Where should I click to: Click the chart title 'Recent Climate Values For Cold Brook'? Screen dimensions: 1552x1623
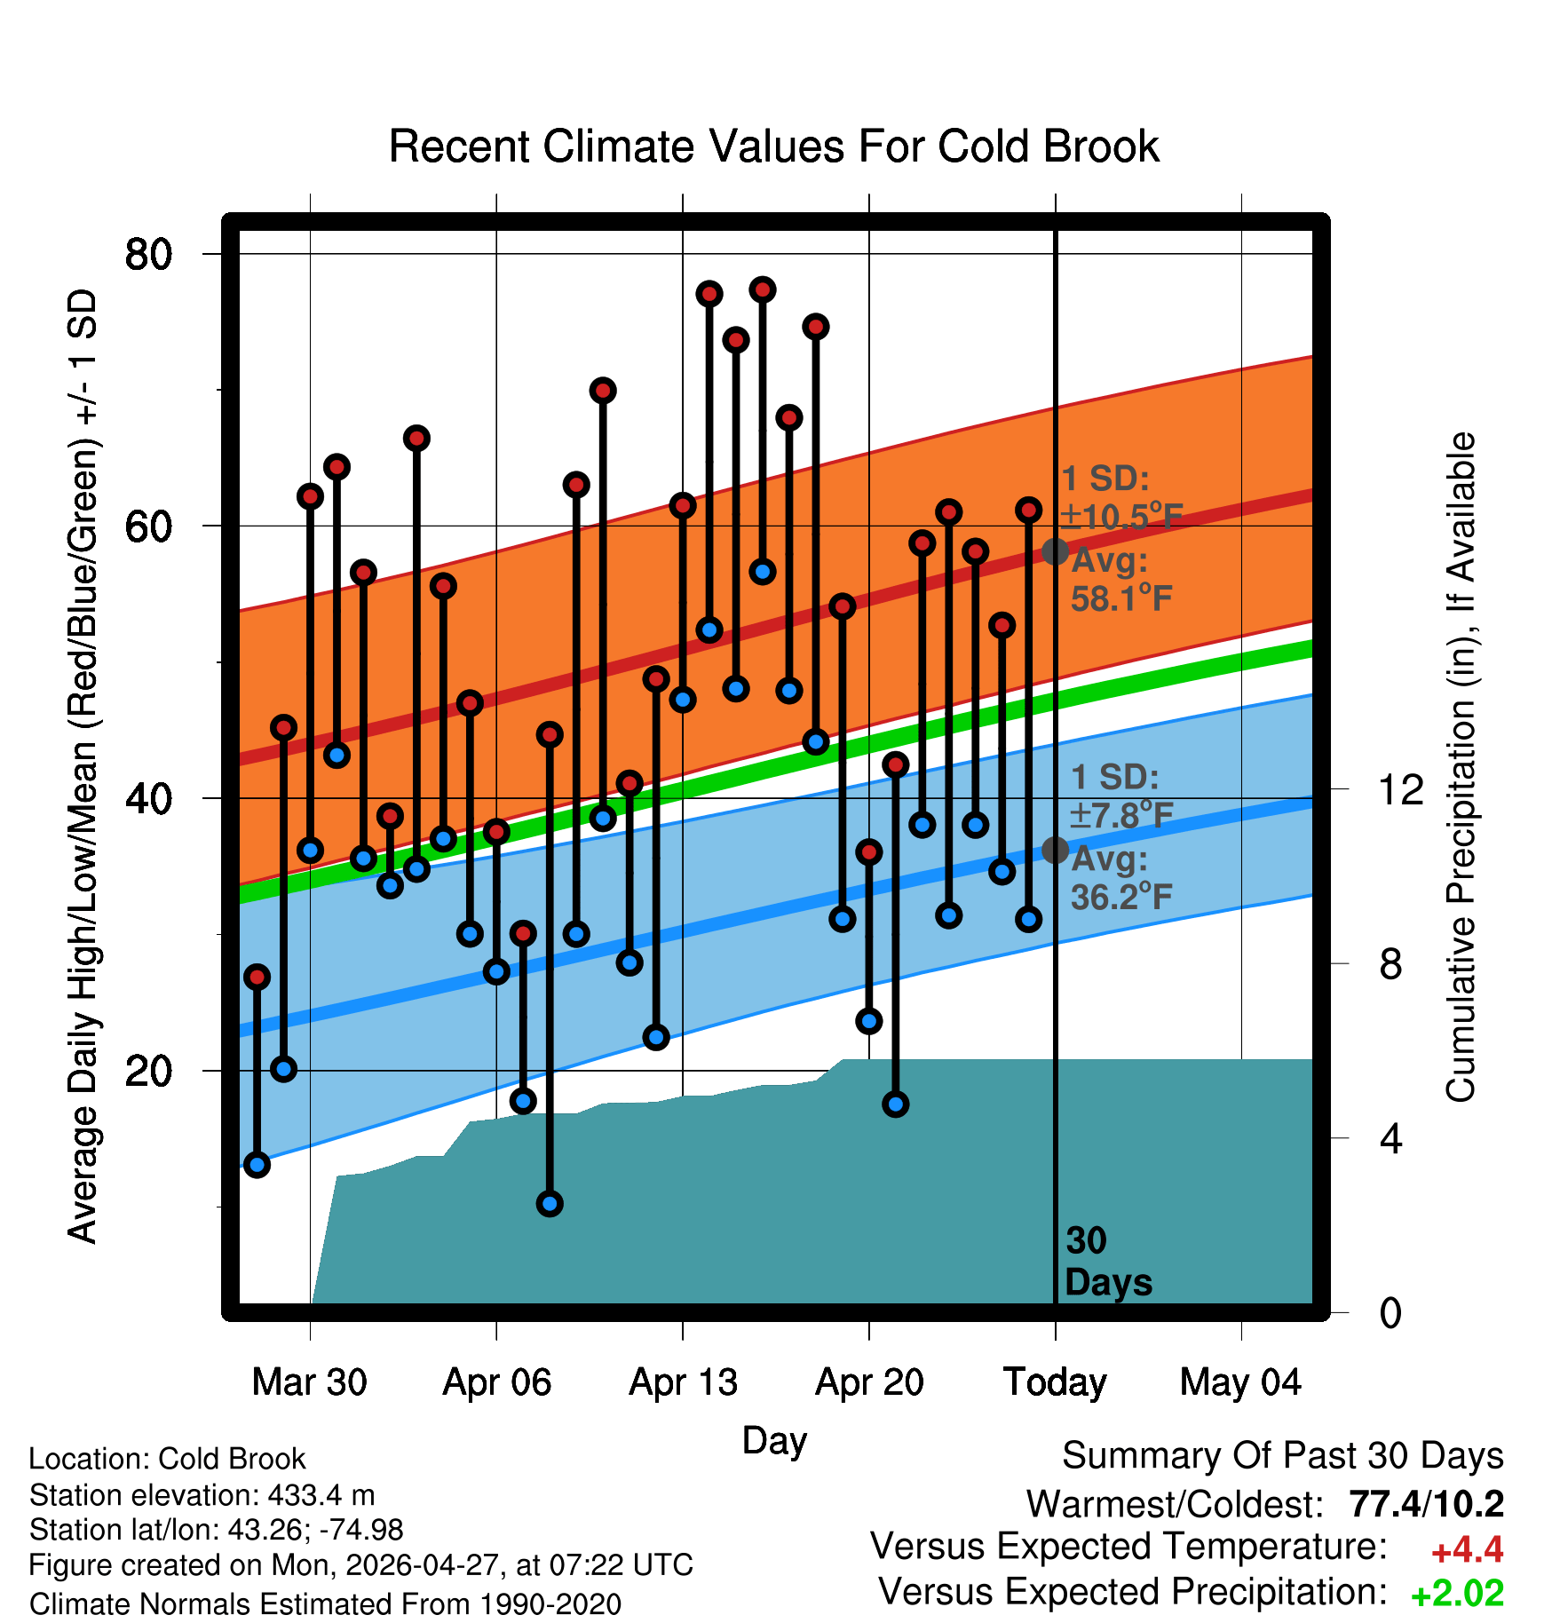pyautogui.click(x=774, y=146)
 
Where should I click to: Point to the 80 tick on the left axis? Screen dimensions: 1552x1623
pyautogui.click(x=148, y=254)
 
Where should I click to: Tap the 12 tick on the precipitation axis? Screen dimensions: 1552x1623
pyautogui.click(x=1401, y=789)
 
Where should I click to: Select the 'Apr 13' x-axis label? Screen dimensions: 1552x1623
pyautogui.click(x=683, y=1382)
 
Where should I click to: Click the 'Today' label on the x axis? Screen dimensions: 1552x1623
pyautogui.click(x=1055, y=1382)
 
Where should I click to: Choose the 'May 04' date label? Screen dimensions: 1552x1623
pyautogui.click(x=1240, y=1382)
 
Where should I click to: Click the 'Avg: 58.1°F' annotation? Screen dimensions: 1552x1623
pyautogui.click(x=1120, y=580)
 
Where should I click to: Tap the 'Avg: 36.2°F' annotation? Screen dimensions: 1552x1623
pyautogui.click(x=1120, y=878)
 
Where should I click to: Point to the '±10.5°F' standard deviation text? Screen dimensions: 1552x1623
pyautogui.click(x=1122, y=516)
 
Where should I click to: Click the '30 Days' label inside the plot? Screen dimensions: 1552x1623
pyautogui.click(x=1108, y=1262)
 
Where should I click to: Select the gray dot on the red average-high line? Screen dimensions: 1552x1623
pyautogui.click(x=1055, y=551)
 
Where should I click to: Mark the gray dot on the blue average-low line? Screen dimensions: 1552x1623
pyautogui.click(x=1055, y=850)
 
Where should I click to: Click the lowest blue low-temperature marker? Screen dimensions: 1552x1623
pyautogui.click(x=550, y=1204)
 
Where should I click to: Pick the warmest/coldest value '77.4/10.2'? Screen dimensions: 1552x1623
pyautogui.click(x=1426, y=1505)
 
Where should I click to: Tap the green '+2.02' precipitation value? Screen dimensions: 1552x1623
pyautogui.click(x=1457, y=1594)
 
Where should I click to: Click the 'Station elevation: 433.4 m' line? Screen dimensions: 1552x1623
pyautogui.click(x=202, y=1495)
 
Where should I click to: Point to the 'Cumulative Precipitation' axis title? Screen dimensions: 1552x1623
pyautogui.click(x=1461, y=767)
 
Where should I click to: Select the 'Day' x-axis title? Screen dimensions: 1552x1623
pyautogui.click(x=774, y=1441)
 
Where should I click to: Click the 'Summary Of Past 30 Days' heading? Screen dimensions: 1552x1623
pyautogui.click(x=1283, y=1456)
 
